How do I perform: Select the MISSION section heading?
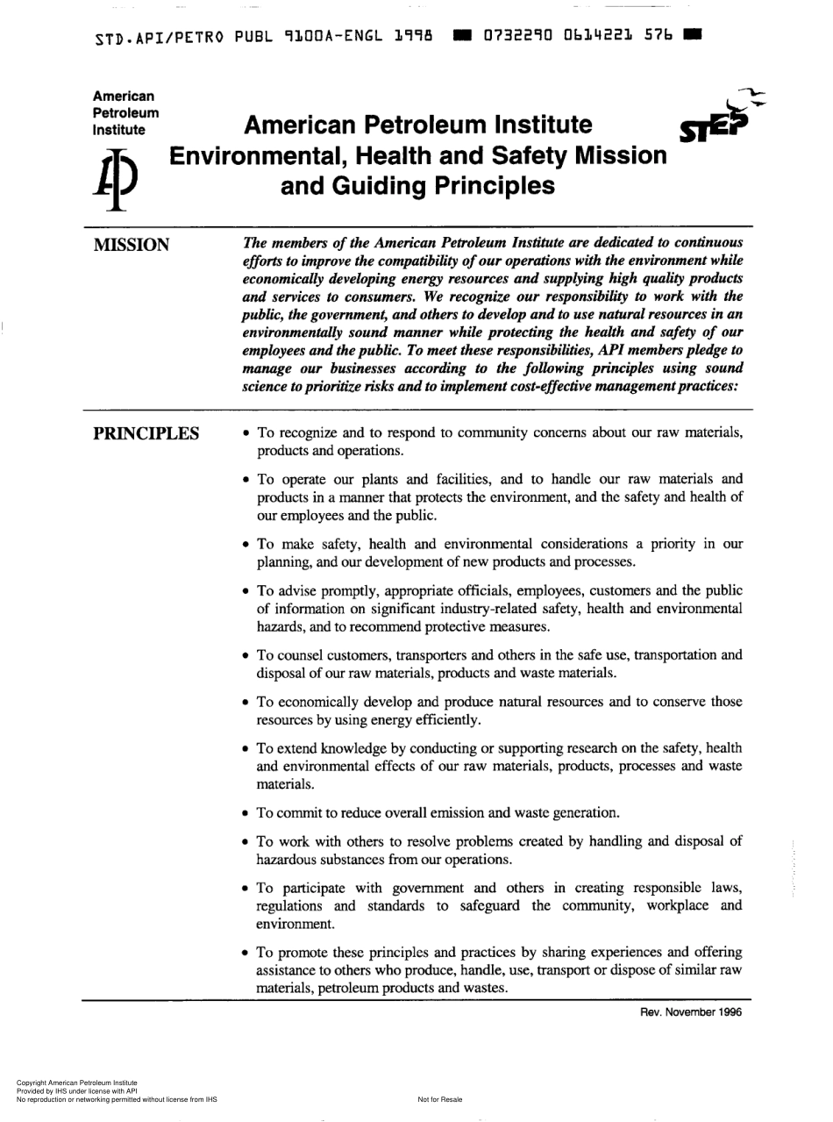132,245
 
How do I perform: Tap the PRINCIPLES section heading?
146,433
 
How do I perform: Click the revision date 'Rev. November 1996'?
691,1011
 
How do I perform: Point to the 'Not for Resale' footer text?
439,1099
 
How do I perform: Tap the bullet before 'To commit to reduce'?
246,812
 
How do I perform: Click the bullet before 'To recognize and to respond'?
246,433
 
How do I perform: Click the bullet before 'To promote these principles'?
246,953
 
